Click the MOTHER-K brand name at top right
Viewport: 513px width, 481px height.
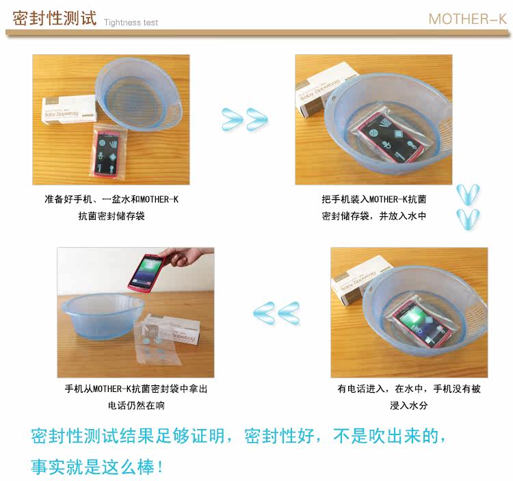point(468,19)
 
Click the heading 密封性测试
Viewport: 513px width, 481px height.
point(54,18)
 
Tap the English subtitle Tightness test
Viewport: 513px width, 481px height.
point(131,23)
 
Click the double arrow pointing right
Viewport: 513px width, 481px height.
point(245,119)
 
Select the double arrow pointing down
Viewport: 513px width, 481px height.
point(468,207)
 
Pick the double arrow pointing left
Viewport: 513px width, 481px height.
point(276,313)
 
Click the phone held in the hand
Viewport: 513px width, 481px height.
point(146,272)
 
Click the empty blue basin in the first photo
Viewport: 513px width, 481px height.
point(139,95)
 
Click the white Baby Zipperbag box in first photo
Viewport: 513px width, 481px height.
point(70,109)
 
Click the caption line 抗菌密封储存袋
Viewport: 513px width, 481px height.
point(111,216)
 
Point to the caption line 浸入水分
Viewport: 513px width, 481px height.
point(408,406)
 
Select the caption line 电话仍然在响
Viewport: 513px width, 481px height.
point(136,406)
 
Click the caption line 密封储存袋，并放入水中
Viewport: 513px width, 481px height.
point(374,216)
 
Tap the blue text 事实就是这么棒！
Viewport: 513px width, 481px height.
point(97,466)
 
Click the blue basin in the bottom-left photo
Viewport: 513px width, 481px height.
point(102,315)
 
